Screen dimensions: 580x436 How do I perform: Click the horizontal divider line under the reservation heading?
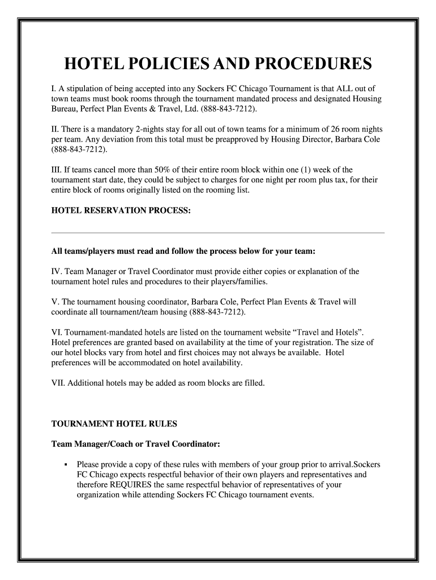pos(218,232)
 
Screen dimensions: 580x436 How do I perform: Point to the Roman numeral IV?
pos(57,271)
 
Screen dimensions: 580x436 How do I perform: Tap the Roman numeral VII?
pos(58,383)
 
